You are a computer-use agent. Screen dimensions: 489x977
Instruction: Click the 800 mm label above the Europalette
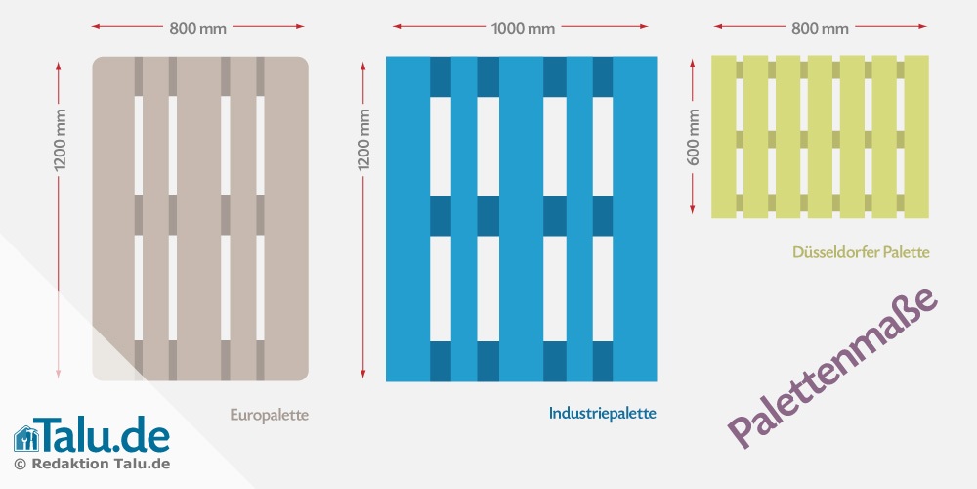[x=197, y=28]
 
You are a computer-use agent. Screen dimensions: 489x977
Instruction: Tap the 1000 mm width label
[x=522, y=28]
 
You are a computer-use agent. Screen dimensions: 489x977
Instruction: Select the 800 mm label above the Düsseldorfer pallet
[x=820, y=28]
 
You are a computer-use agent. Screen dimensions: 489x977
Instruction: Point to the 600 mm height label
[x=695, y=136]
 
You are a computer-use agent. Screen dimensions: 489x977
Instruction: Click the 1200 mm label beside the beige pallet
[x=60, y=141]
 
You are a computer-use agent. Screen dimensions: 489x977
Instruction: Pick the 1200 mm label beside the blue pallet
[x=364, y=141]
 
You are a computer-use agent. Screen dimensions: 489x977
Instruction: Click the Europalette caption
[x=269, y=415]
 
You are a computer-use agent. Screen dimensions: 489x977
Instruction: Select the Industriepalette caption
[x=602, y=414]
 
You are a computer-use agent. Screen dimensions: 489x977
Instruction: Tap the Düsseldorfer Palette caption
[x=861, y=252]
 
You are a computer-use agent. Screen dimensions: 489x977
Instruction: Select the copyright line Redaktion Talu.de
[x=93, y=464]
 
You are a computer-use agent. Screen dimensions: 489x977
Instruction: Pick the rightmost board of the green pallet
[x=916, y=136]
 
